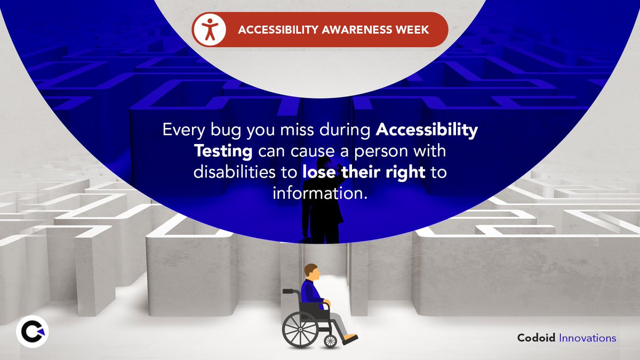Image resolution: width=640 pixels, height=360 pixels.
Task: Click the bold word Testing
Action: click(x=223, y=151)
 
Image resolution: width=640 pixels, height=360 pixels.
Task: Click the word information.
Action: click(x=320, y=193)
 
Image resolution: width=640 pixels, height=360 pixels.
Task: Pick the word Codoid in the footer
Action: click(x=537, y=338)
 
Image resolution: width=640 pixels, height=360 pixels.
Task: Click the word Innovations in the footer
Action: click(x=588, y=338)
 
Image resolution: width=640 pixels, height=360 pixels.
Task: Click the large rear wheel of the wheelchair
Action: click(x=299, y=329)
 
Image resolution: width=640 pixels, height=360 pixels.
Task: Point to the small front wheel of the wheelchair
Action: click(x=331, y=341)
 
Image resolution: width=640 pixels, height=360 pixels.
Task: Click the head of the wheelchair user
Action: click(x=311, y=272)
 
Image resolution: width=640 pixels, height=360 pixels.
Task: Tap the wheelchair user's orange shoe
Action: click(x=350, y=338)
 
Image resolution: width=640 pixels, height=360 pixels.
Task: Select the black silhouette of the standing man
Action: click(x=323, y=208)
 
